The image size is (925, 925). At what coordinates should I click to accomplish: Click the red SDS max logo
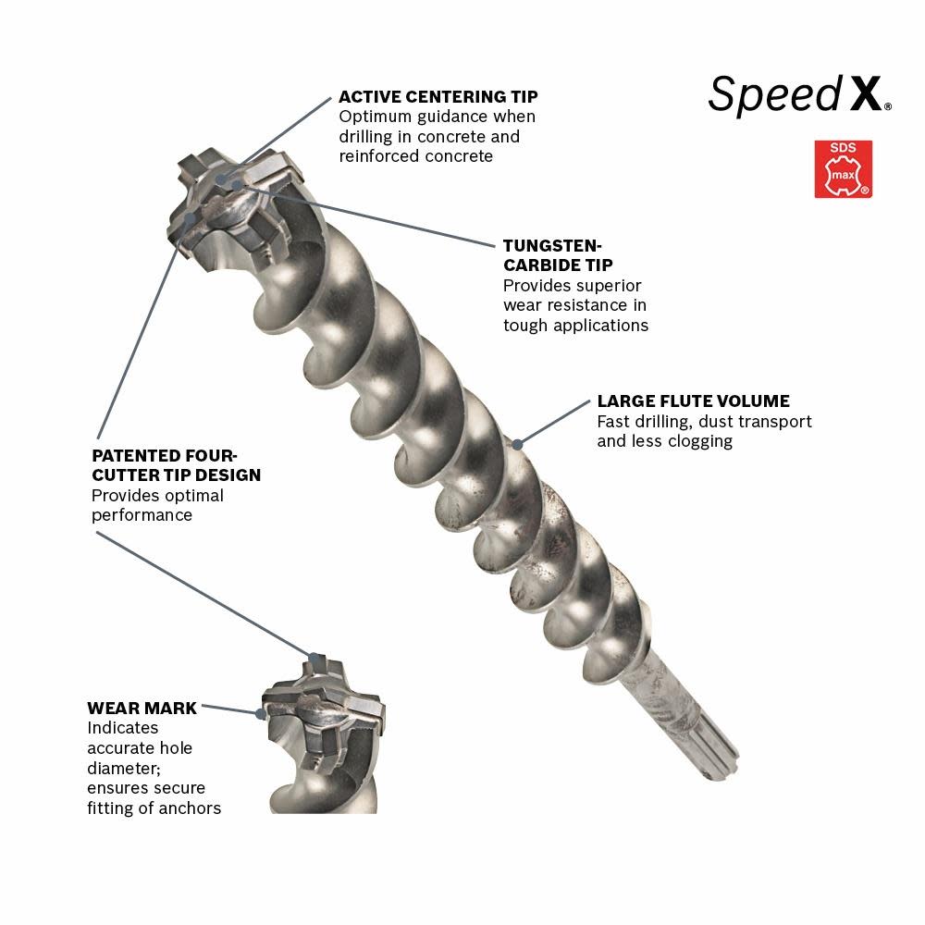coord(843,169)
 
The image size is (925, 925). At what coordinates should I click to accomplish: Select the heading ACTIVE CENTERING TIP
coord(438,96)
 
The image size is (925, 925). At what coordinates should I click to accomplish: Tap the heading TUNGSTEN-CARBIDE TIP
coord(552,254)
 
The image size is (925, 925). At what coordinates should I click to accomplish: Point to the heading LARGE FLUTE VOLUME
coord(693,401)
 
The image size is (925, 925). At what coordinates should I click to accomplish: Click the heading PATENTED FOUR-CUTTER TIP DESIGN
coord(176,465)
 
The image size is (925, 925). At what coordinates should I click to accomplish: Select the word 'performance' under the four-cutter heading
coord(142,515)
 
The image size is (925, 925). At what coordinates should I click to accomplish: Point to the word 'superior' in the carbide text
coord(606,286)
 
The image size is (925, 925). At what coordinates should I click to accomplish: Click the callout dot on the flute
coord(518,444)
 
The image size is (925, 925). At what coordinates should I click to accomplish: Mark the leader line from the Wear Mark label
coord(229,709)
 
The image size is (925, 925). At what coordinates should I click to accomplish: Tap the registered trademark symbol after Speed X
coord(889,107)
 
